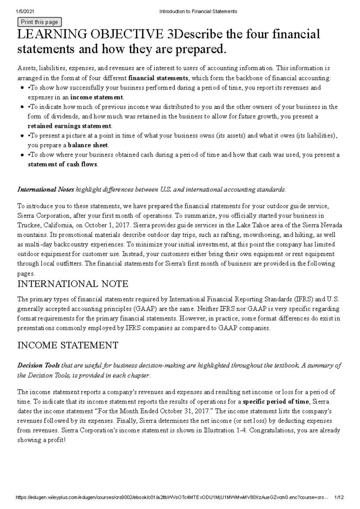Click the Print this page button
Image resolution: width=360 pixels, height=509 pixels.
[x=40, y=22]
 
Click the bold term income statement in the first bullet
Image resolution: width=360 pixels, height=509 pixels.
[x=97, y=97]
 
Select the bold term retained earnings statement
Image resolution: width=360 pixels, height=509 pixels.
[x=70, y=126]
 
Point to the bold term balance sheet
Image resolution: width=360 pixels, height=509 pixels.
[x=88, y=145]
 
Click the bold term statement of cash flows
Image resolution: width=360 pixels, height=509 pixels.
[x=62, y=164]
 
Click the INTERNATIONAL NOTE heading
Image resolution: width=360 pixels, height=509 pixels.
[x=73, y=284]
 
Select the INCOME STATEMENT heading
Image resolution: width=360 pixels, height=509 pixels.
[x=68, y=345]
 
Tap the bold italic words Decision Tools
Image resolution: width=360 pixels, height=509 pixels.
[x=38, y=365]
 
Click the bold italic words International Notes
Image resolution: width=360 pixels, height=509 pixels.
[x=46, y=189]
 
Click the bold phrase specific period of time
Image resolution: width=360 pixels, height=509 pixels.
[x=275, y=401]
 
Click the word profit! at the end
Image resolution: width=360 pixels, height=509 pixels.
[x=56, y=440]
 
